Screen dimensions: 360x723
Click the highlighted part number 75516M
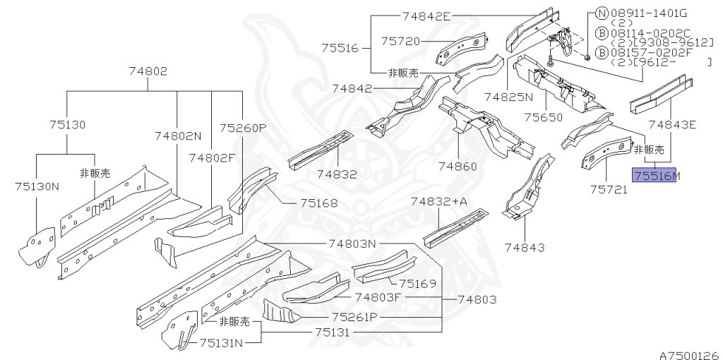pos(655,175)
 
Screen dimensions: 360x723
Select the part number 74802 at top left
pos(148,71)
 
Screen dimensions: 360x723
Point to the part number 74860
pos(458,167)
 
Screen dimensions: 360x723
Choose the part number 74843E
pos(672,125)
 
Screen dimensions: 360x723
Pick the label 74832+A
pos(439,202)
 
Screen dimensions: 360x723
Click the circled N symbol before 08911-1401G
pos(602,13)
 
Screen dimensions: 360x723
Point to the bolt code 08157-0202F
pos(643,52)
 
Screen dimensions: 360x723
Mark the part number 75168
pos(318,203)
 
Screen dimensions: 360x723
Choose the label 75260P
pos(242,128)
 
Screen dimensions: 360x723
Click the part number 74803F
pos(377,298)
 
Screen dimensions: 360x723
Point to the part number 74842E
pos(426,16)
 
